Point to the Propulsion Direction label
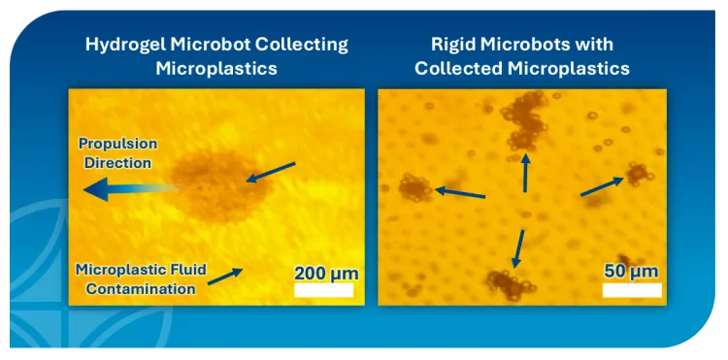pos(117,153)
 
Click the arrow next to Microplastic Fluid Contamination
pos(225,277)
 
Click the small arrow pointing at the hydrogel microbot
pos(271,173)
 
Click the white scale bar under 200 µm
pos(324,290)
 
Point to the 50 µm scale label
pos(631,270)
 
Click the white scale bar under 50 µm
pos(632,290)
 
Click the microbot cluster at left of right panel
pos(416,186)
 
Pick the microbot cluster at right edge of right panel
pos(637,175)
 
